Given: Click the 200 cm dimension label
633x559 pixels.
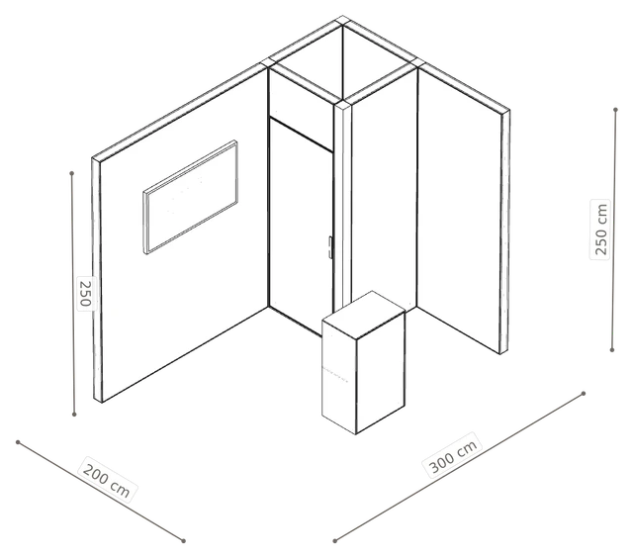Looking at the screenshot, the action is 106,479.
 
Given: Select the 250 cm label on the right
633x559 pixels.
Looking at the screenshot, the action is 600,229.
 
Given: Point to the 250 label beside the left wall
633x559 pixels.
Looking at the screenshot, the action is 86,294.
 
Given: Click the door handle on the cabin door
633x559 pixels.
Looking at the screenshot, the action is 329,247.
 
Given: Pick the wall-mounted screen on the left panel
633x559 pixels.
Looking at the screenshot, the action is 190,197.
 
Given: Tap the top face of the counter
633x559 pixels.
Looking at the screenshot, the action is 364,315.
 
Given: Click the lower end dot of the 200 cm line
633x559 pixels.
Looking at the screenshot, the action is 183,540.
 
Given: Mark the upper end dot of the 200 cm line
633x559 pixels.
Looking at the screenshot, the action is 18,442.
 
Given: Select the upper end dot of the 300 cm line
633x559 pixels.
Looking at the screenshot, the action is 584,393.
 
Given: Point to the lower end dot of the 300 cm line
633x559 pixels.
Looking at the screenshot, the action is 334,540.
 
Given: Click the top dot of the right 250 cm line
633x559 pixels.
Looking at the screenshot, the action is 615,110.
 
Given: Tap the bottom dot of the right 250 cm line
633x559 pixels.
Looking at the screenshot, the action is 612,350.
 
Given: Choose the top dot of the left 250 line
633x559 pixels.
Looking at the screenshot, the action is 72,173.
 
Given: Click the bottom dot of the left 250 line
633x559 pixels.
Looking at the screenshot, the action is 74,414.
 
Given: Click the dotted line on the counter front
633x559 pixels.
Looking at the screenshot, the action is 334,374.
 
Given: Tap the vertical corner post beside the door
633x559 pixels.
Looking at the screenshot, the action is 343,206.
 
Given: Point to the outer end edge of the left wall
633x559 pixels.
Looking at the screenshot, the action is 97,280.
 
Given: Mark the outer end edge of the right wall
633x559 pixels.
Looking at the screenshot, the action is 504,232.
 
